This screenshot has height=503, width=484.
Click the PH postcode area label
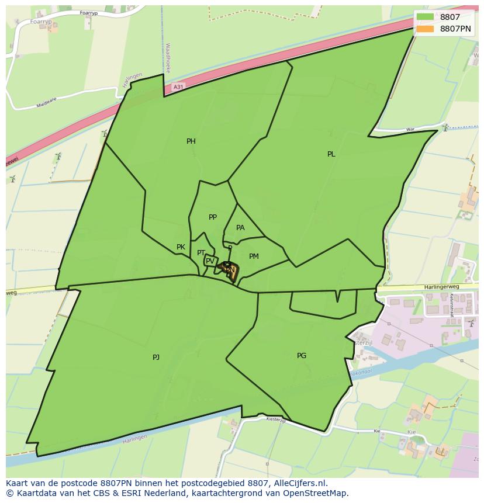coord(191,141)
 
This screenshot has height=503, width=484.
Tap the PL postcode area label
coord(331,154)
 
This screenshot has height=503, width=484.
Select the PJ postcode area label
coord(156,357)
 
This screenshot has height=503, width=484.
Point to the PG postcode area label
coord(302,356)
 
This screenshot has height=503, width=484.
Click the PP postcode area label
coord(213,217)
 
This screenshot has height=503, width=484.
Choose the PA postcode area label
coord(240,228)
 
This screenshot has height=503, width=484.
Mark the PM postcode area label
coord(254,256)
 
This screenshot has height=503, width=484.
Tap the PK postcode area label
coord(181,247)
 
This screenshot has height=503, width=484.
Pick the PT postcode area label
coord(201,253)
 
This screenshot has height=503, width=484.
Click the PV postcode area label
coord(210,261)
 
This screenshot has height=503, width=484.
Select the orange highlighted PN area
coord(231,272)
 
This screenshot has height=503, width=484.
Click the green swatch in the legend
coord(426,18)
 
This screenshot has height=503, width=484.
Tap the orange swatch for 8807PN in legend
coord(426,28)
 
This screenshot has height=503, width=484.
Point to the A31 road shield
coord(178,87)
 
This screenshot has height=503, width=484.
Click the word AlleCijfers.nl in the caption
coord(300,484)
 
